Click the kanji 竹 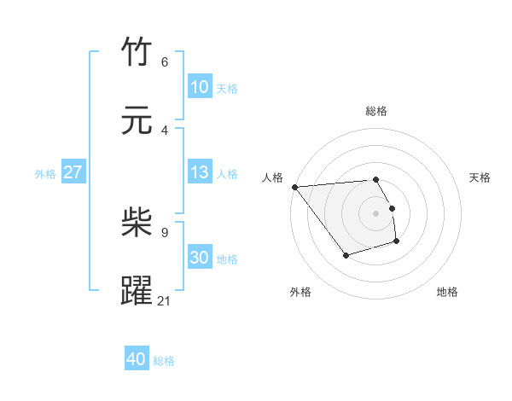[137, 53]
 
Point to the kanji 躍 [137, 290]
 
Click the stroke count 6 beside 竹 [165, 62]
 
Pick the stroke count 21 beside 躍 [165, 300]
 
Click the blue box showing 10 [199, 87]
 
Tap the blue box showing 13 [199, 172]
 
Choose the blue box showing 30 [199, 258]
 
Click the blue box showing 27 [73, 172]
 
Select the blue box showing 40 [136, 360]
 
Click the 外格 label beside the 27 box [45, 174]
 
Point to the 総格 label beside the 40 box [164, 361]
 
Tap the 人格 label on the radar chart [273, 177]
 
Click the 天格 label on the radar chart [480, 177]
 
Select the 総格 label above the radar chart [376, 111]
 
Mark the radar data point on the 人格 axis [295, 187]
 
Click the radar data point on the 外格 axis [346, 255]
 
